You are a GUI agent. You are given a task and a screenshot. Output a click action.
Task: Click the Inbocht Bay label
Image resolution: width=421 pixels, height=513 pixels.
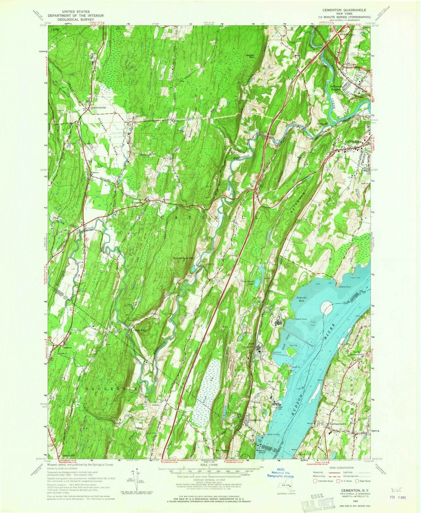(301, 299)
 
